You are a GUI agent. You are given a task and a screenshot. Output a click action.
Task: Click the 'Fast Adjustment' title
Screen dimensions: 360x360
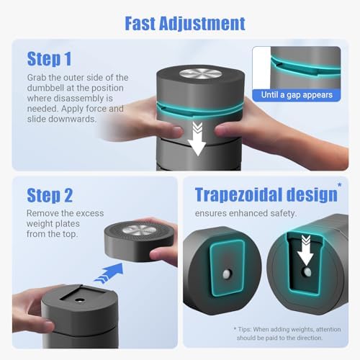[x=185, y=24]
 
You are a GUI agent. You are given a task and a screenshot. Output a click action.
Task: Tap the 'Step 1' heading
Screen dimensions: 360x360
[x=49, y=59]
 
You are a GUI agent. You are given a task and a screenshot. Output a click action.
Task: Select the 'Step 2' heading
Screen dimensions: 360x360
[x=50, y=195]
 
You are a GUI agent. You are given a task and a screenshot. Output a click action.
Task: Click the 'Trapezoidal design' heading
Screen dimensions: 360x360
[x=266, y=195]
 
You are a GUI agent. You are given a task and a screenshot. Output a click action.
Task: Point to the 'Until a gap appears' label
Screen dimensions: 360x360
[x=297, y=95]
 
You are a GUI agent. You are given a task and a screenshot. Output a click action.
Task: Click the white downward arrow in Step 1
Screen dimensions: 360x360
[x=197, y=139]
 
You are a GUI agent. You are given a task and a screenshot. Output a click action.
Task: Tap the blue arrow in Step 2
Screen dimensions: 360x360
[x=109, y=273]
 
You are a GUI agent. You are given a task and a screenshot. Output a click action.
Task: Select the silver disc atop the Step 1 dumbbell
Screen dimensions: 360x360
[x=200, y=74]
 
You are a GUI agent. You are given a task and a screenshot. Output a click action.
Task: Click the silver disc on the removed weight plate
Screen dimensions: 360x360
[x=139, y=231]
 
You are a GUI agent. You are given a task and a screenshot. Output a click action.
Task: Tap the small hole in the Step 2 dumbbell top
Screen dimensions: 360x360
[x=79, y=300]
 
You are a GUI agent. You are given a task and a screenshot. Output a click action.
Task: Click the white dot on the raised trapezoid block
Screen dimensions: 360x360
[x=227, y=274]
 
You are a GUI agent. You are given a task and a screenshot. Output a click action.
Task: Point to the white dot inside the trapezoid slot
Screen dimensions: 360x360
[x=307, y=271]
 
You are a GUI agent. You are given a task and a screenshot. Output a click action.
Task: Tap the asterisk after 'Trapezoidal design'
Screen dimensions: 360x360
[x=340, y=185]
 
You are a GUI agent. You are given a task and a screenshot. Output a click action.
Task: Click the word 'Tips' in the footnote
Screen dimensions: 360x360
[x=244, y=330]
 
